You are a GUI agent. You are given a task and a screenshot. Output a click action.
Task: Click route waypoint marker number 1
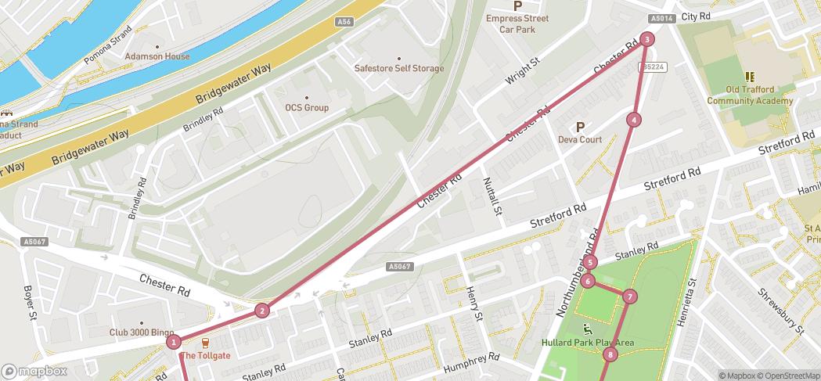click(x=174, y=341)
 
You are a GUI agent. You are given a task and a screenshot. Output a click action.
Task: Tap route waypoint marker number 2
click(x=262, y=311)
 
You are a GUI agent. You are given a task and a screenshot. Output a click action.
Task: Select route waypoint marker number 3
click(x=646, y=39)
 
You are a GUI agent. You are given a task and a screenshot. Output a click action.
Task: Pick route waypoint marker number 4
click(x=633, y=120)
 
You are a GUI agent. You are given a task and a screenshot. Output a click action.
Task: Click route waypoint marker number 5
click(x=590, y=262)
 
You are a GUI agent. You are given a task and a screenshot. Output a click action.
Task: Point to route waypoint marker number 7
click(x=628, y=297)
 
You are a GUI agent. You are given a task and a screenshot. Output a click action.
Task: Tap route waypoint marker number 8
click(x=610, y=355)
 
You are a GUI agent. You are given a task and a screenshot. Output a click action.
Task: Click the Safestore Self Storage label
click(x=398, y=68)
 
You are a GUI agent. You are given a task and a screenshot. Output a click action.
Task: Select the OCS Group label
click(x=307, y=107)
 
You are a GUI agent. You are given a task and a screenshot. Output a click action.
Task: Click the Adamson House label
click(x=157, y=56)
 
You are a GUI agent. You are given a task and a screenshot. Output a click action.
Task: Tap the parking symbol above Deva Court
click(x=580, y=127)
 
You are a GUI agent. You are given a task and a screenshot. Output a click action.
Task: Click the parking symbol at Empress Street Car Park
click(x=517, y=5)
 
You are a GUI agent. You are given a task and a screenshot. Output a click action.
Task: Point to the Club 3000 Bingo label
click(x=142, y=332)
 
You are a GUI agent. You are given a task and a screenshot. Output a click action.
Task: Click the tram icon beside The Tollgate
click(x=206, y=343)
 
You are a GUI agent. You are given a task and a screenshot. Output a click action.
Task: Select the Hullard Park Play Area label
click(x=587, y=343)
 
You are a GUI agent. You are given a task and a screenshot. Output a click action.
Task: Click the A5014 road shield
click(x=661, y=18)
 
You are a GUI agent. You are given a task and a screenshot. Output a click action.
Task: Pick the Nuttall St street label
click(x=494, y=195)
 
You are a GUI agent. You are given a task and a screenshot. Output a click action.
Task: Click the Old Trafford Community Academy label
click(x=750, y=95)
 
